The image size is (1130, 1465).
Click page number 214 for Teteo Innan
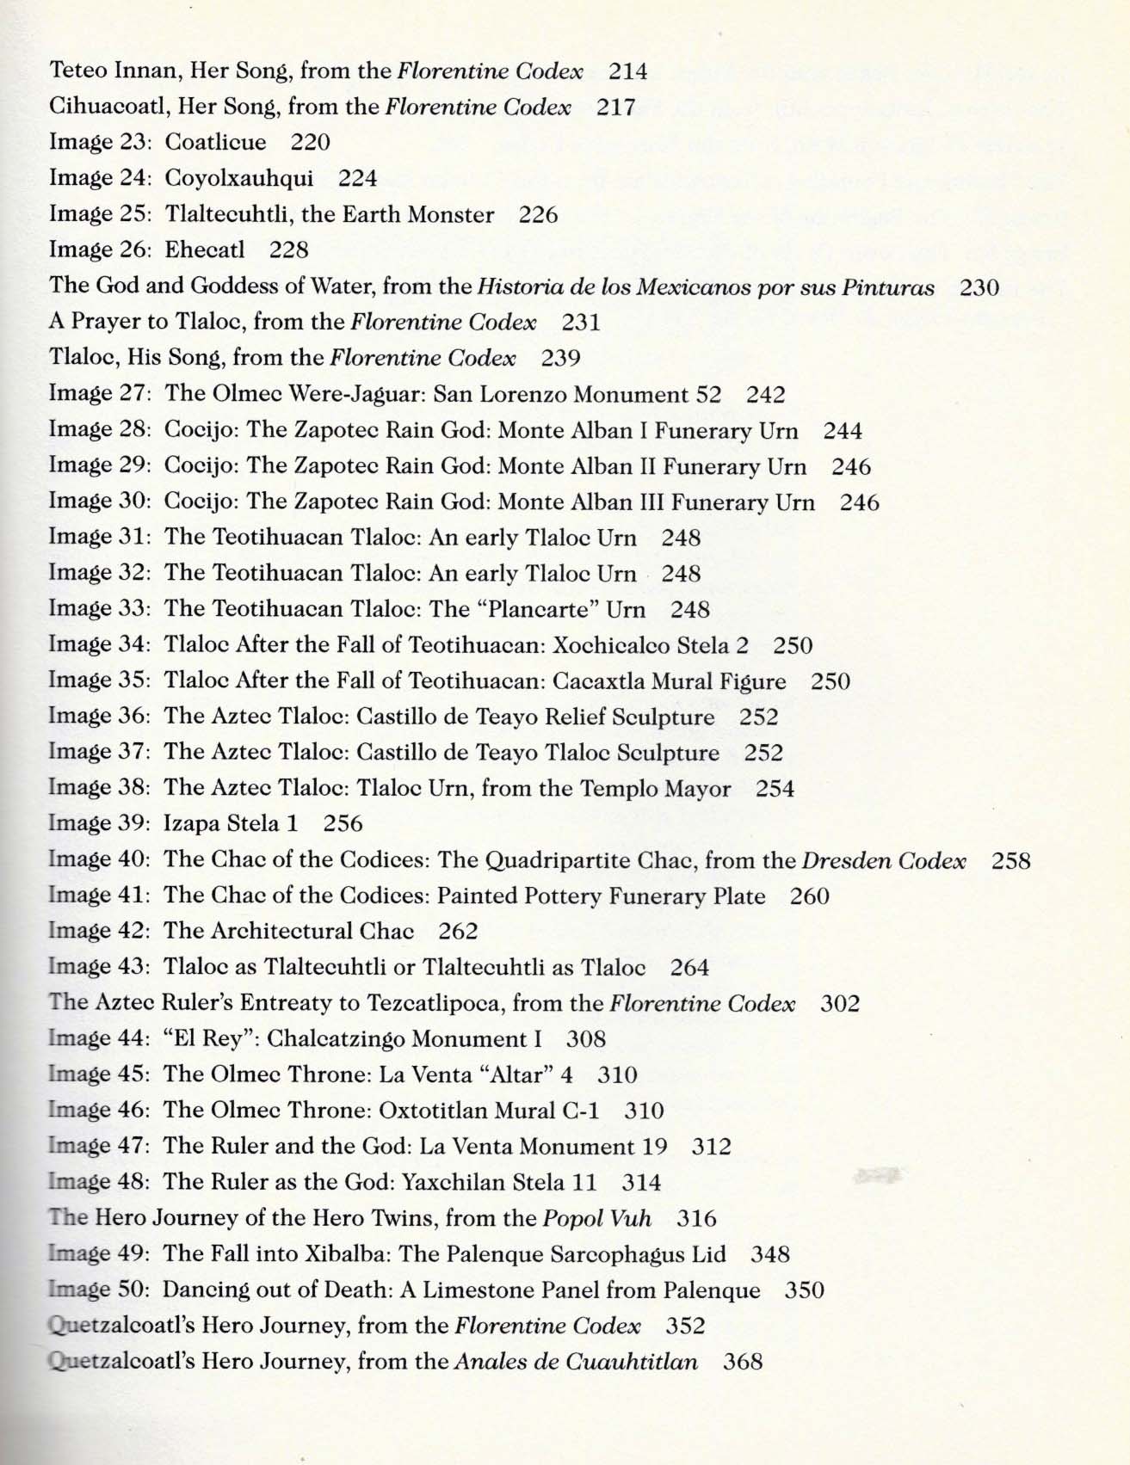pyautogui.click(x=627, y=71)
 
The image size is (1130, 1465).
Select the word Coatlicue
pyautogui.click(x=215, y=142)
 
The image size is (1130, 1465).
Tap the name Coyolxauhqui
pyautogui.click(x=238, y=178)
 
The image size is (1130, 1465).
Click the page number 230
pyautogui.click(x=979, y=286)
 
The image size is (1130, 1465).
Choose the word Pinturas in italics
pyautogui.click(x=893, y=286)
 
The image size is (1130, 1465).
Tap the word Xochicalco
pyautogui.click(x=617, y=645)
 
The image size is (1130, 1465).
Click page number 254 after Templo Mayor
pyautogui.click(x=775, y=788)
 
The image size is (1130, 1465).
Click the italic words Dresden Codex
pyautogui.click(x=884, y=860)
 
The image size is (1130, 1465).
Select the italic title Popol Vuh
pyautogui.click(x=596, y=1218)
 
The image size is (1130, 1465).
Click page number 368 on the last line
pyautogui.click(x=743, y=1361)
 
